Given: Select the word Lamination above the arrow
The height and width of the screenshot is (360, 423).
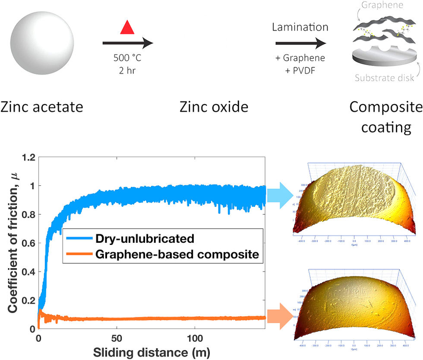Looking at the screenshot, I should pyautogui.click(x=300, y=27).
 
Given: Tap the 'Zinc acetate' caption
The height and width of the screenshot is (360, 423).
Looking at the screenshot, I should pyautogui.click(x=42, y=106).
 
